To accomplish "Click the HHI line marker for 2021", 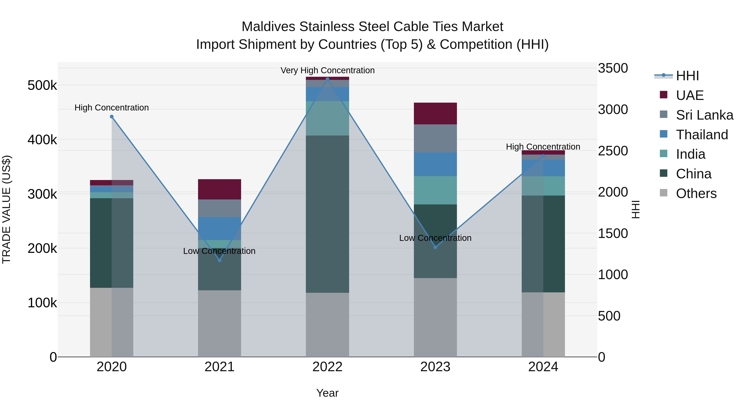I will pos(220,260).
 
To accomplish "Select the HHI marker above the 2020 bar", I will pos(112,116).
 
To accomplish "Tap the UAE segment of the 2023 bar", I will pos(435,113).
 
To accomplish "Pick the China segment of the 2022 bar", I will pos(327,214).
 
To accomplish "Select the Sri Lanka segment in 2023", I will pos(435,138).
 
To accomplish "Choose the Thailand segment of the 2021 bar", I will pos(220,228).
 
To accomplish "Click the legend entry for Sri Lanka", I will pos(704,115).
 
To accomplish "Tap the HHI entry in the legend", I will pos(687,76).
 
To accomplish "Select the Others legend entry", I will pos(696,193).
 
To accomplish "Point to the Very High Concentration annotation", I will pos(327,70).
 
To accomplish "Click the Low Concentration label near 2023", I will pos(435,238).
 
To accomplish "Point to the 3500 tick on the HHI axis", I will pos(613,68).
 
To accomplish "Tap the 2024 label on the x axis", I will pos(543,367).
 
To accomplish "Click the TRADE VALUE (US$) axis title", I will pos(7,209).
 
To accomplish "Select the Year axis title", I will pos(327,393).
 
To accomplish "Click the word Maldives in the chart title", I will pos(268,27).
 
